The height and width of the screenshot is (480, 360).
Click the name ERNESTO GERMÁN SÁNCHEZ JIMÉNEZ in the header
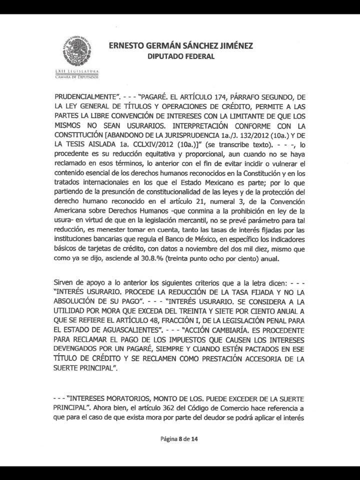click(x=180, y=46)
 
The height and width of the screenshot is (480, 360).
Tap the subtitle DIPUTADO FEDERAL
click(x=180, y=57)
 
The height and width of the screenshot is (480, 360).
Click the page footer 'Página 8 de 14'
click(x=180, y=439)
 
